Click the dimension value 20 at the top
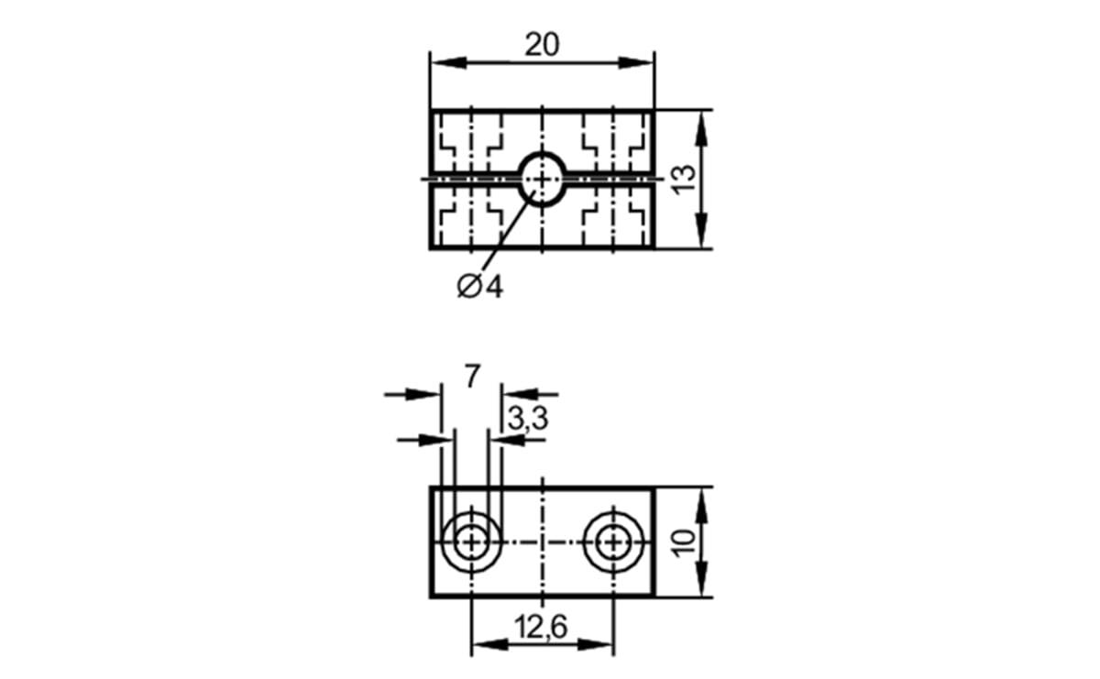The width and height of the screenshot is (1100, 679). click(x=542, y=44)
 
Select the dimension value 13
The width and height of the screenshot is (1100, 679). click(x=682, y=179)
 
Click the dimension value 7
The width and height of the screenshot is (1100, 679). click(x=471, y=376)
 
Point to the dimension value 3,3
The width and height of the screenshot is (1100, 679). click(x=527, y=420)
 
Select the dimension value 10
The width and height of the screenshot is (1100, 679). click(x=682, y=542)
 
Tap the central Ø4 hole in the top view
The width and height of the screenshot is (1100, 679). click(x=542, y=178)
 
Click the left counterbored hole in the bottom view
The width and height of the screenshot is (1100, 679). click(x=471, y=542)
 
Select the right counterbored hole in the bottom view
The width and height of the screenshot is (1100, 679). click(x=611, y=542)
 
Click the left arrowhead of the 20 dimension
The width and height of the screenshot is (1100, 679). click(x=442, y=62)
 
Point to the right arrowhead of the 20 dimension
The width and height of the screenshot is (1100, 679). click(x=643, y=62)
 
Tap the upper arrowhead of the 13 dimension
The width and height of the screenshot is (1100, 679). click(x=701, y=124)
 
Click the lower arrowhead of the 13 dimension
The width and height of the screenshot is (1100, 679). click(x=701, y=235)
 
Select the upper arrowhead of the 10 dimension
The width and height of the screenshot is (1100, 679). click(x=701, y=498)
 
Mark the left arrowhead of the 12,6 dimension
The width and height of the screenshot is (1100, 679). click(x=483, y=645)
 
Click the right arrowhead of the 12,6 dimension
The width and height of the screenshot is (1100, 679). click(x=600, y=645)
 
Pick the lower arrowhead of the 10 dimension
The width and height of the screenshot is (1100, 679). click(x=701, y=585)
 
